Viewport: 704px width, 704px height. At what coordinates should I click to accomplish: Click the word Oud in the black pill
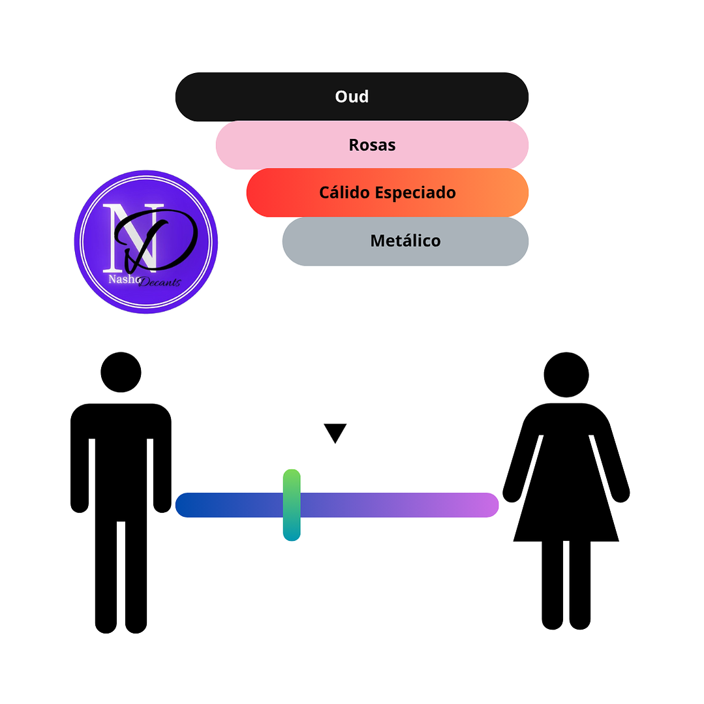[352, 97]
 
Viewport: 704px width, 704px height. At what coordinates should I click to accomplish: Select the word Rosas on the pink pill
[372, 145]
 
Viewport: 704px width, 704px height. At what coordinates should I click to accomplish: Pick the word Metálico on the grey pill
[405, 241]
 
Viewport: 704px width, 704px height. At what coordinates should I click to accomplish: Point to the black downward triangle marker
[335, 432]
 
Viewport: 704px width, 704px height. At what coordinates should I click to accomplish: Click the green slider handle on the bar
[292, 504]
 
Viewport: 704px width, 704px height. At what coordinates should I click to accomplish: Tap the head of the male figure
[121, 372]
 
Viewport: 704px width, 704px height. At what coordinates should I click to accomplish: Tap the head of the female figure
[566, 375]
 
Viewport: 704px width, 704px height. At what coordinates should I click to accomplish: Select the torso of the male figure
[121, 457]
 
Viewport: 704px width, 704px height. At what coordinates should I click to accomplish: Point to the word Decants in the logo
[159, 283]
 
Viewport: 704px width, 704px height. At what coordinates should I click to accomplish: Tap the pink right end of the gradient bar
[486, 505]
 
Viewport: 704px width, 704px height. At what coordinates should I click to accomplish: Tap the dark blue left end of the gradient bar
[189, 505]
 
